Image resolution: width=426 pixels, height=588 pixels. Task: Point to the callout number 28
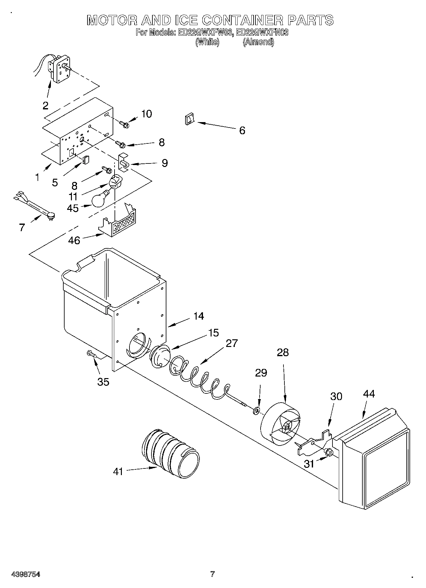(283, 352)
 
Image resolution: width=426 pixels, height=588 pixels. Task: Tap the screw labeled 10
(124, 123)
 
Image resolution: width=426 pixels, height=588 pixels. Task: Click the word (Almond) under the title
(258, 42)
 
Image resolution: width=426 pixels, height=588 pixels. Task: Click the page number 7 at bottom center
(213, 574)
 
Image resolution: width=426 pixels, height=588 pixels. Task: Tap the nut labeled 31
(330, 452)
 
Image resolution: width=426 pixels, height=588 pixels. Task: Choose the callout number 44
(369, 394)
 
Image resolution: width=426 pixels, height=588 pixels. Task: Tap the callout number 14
(198, 316)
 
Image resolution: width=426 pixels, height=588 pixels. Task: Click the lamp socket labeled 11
(115, 183)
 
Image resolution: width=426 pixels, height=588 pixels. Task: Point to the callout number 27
(232, 343)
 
